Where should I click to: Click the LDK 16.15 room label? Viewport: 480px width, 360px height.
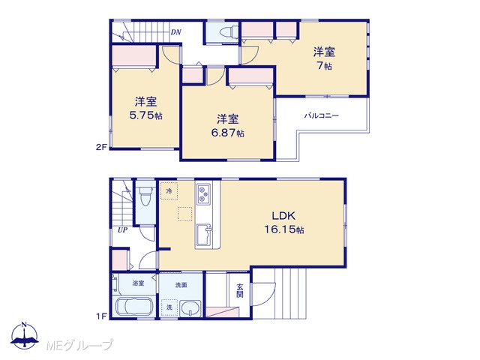pos(284,222)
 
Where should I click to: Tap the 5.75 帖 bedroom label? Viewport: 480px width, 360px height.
pos(146,108)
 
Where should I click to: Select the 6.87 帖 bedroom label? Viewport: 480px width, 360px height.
pos(228,125)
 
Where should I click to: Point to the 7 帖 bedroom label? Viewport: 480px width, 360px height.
pos(324,58)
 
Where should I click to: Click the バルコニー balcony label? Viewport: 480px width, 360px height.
pos(322,115)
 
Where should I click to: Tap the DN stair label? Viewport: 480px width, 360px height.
pos(176,31)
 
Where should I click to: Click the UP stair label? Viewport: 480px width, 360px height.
pos(123,230)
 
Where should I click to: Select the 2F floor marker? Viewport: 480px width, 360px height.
pos(101,147)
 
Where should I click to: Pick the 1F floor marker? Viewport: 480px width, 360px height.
pos(102,316)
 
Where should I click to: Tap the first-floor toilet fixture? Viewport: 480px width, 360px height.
pos(145,196)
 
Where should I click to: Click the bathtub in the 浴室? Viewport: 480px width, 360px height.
pos(134,307)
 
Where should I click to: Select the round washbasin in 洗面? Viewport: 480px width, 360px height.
pos(190,308)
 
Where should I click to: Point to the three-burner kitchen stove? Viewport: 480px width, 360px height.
pos(203,193)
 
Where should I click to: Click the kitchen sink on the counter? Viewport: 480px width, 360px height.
pos(204,235)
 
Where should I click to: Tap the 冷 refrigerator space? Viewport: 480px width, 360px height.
pos(169,190)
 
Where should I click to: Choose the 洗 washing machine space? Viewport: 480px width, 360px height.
pos(169,307)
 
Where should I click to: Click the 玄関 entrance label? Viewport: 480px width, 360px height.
pos(240,291)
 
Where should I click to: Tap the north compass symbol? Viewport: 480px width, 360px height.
pos(25,336)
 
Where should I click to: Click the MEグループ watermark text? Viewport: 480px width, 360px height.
pos(80,345)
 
